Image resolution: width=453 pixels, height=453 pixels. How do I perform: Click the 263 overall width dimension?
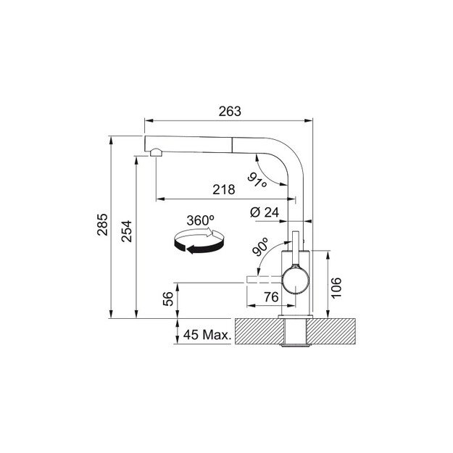(x=229, y=112)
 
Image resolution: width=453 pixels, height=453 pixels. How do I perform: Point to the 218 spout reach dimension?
(x=223, y=190)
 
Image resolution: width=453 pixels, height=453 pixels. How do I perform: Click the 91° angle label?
(x=257, y=180)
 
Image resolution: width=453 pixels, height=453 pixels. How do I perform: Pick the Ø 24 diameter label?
(x=265, y=212)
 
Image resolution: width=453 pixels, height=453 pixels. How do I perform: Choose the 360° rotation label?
(x=201, y=220)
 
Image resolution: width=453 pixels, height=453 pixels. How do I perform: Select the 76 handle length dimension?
(x=270, y=296)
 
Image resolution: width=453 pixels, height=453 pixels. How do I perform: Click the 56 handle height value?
(x=168, y=300)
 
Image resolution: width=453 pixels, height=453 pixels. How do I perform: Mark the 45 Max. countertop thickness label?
(x=207, y=335)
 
